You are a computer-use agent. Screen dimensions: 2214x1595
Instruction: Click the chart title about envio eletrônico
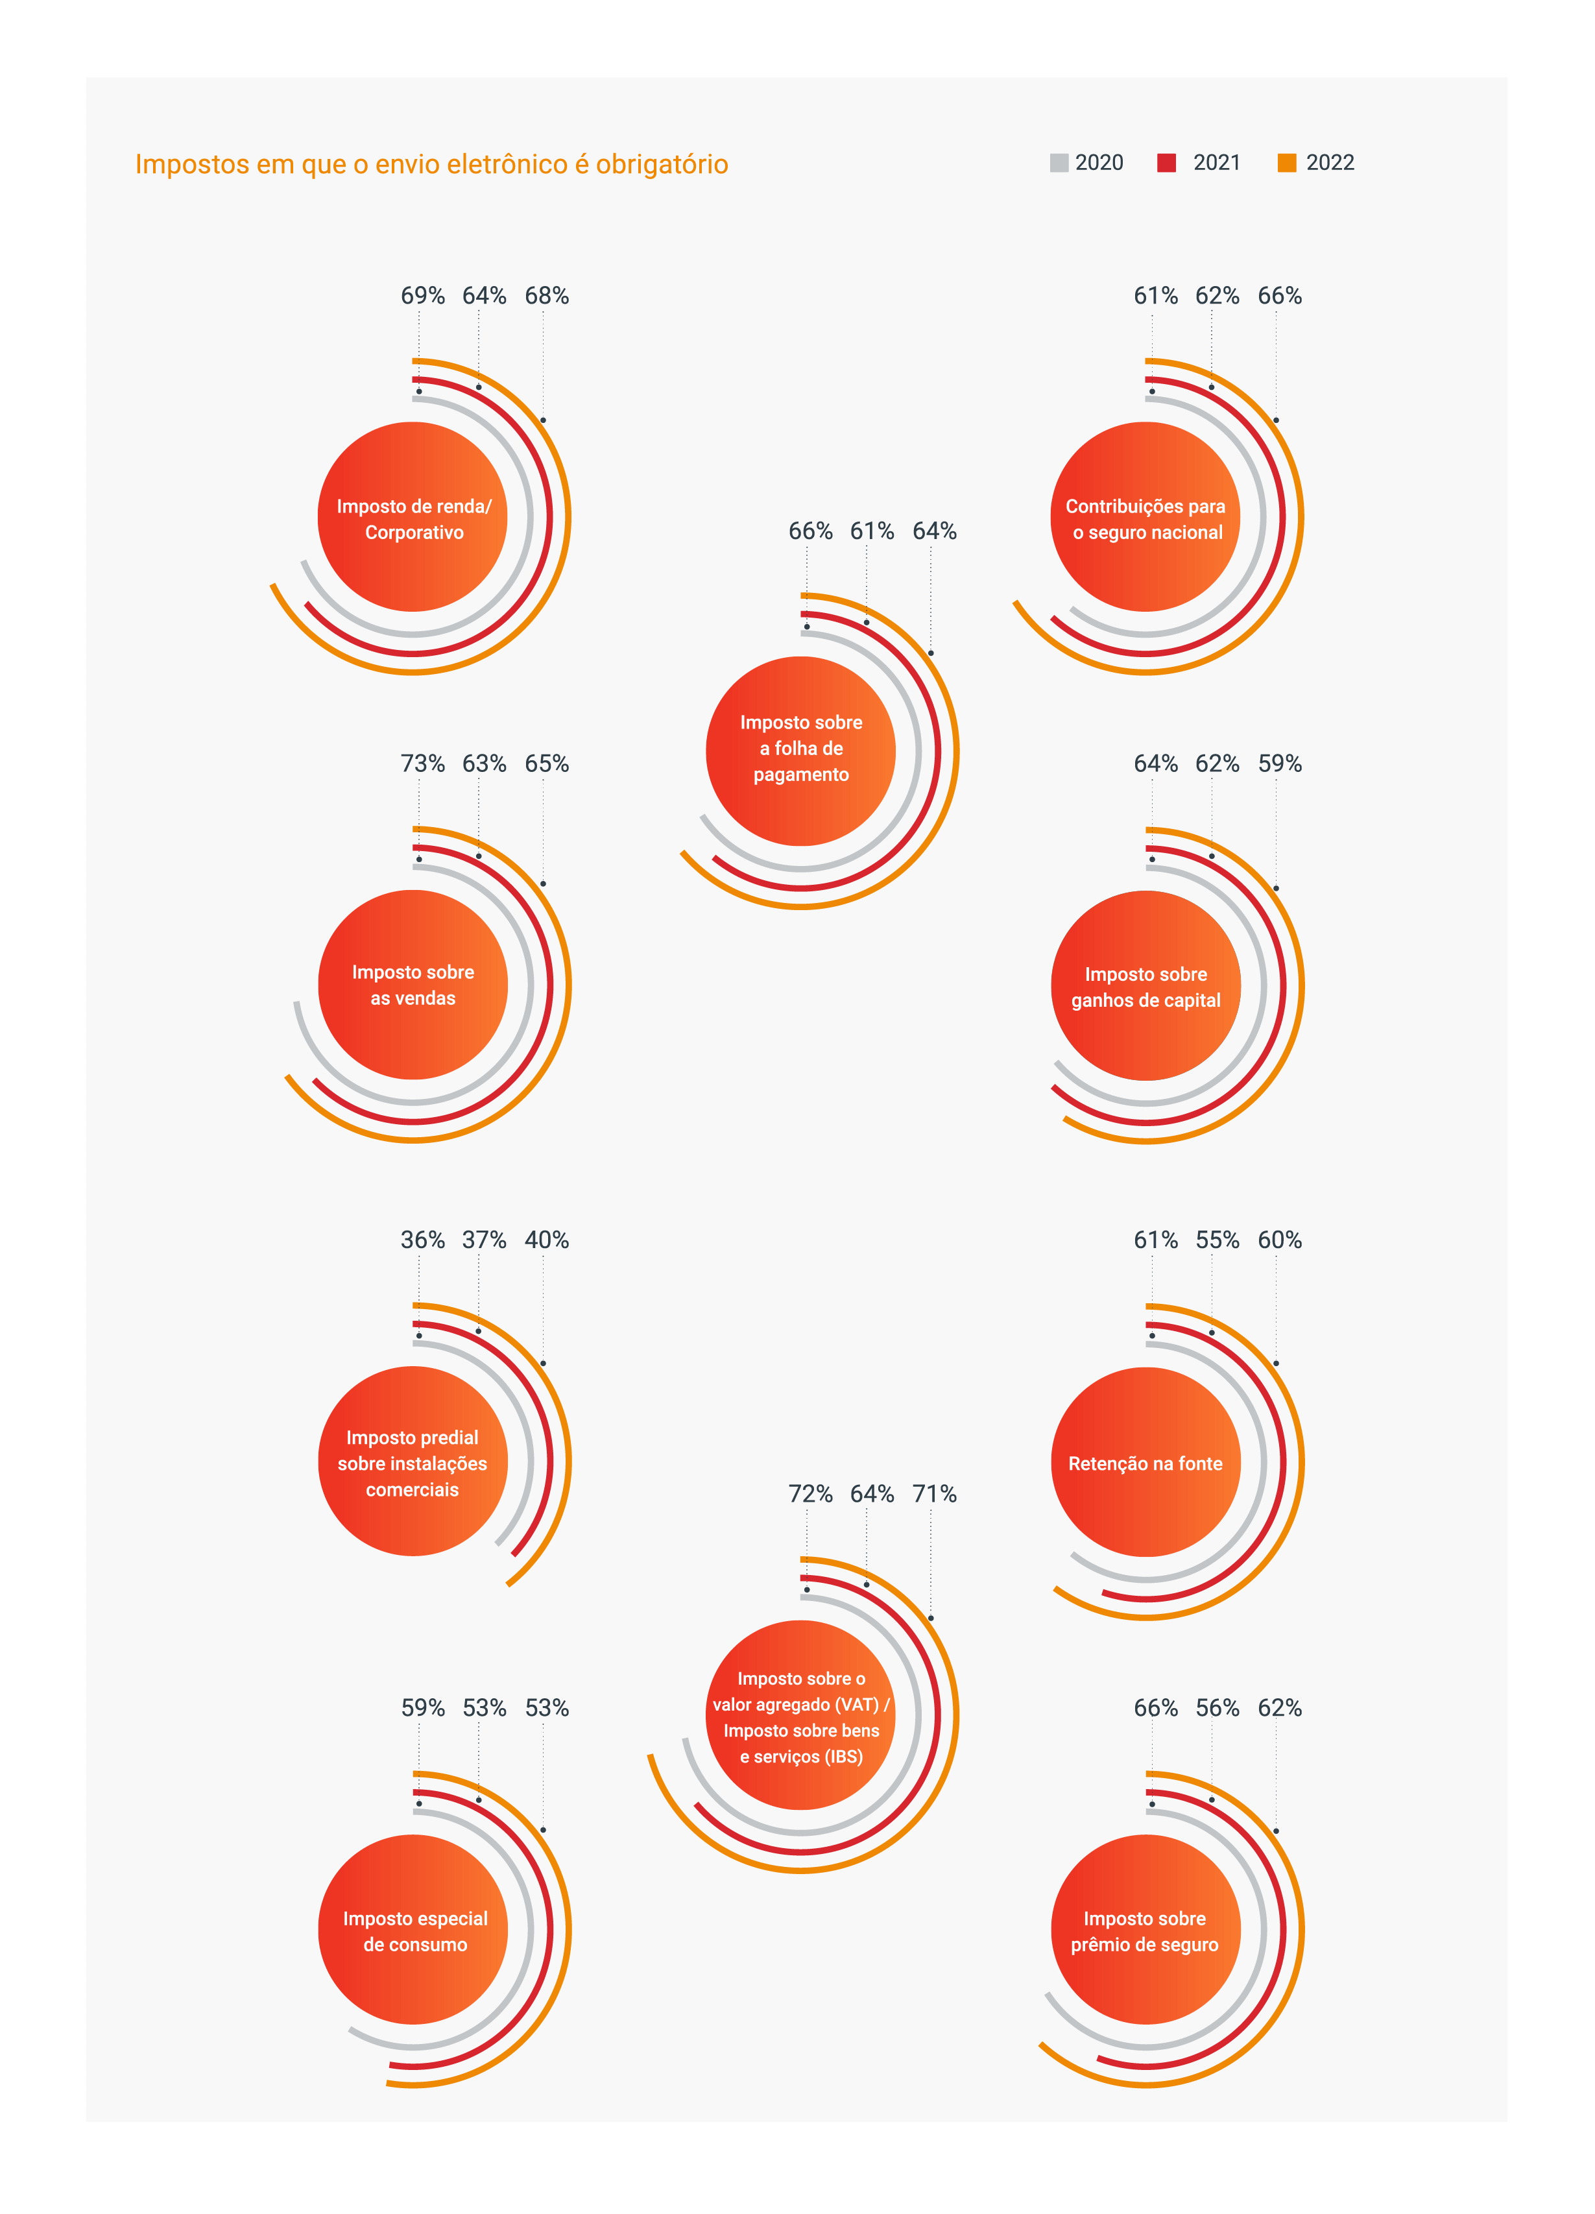[x=431, y=164]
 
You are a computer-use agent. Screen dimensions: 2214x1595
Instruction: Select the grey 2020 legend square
[x=1059, y=163]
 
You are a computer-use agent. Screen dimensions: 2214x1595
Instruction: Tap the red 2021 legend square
[x=1166, y=163]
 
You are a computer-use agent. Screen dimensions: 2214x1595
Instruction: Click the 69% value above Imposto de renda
[x=423, y=296]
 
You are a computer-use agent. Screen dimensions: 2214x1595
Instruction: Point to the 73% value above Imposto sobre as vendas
[x=423, y=764]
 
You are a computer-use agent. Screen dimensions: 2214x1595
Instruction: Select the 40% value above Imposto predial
[x=547, y=1240]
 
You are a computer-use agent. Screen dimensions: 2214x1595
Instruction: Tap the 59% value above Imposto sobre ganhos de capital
[x=1280, y=764]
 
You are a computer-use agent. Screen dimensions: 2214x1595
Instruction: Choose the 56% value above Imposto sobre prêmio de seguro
[x=1217, y=1707]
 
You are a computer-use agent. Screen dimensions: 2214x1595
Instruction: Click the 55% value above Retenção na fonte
[x=1217, y=1240]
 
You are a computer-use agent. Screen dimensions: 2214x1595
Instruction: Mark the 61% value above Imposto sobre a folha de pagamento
[x=872, y=531]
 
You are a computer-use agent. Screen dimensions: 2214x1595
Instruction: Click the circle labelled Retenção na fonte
[x=1145, y=1462]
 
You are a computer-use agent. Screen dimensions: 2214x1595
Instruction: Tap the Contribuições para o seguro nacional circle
[x=1145, y=518]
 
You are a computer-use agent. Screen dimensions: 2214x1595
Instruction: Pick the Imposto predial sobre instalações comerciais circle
[x=413, y=1462]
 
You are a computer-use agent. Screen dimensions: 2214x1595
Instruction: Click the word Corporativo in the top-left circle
[x=414, y=533]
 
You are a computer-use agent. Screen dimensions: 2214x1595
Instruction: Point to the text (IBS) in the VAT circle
[x=843, y=1757]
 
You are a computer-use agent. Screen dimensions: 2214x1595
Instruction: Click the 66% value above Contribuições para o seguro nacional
[x=1280, y=296]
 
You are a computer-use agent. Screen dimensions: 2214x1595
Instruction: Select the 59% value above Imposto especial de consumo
[x=423, y=1707]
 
